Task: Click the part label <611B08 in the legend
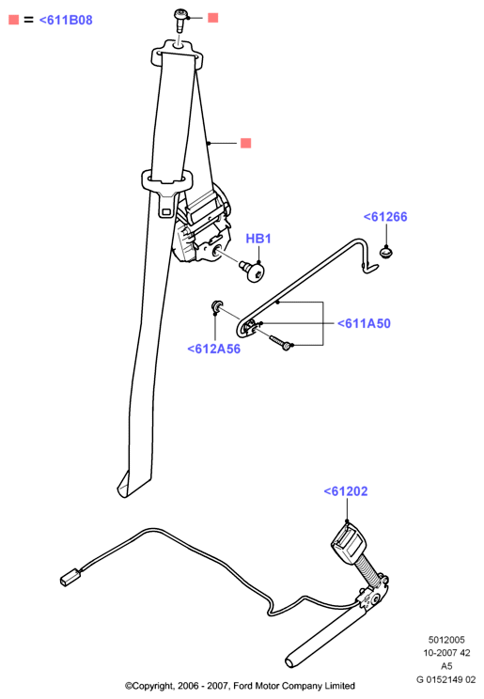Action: click(66, 20)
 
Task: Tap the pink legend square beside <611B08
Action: click(14, 20)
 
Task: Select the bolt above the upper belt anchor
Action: click(180, 20)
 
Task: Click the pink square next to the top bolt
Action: click(213, 18)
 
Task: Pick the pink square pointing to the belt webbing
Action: click(246, 143)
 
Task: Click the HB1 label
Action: click(258, 239)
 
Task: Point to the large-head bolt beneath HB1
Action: click(253, 271)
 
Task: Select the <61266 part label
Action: click(385, 217)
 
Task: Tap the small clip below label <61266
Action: click(387, 253)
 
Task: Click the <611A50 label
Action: click(364, 323)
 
